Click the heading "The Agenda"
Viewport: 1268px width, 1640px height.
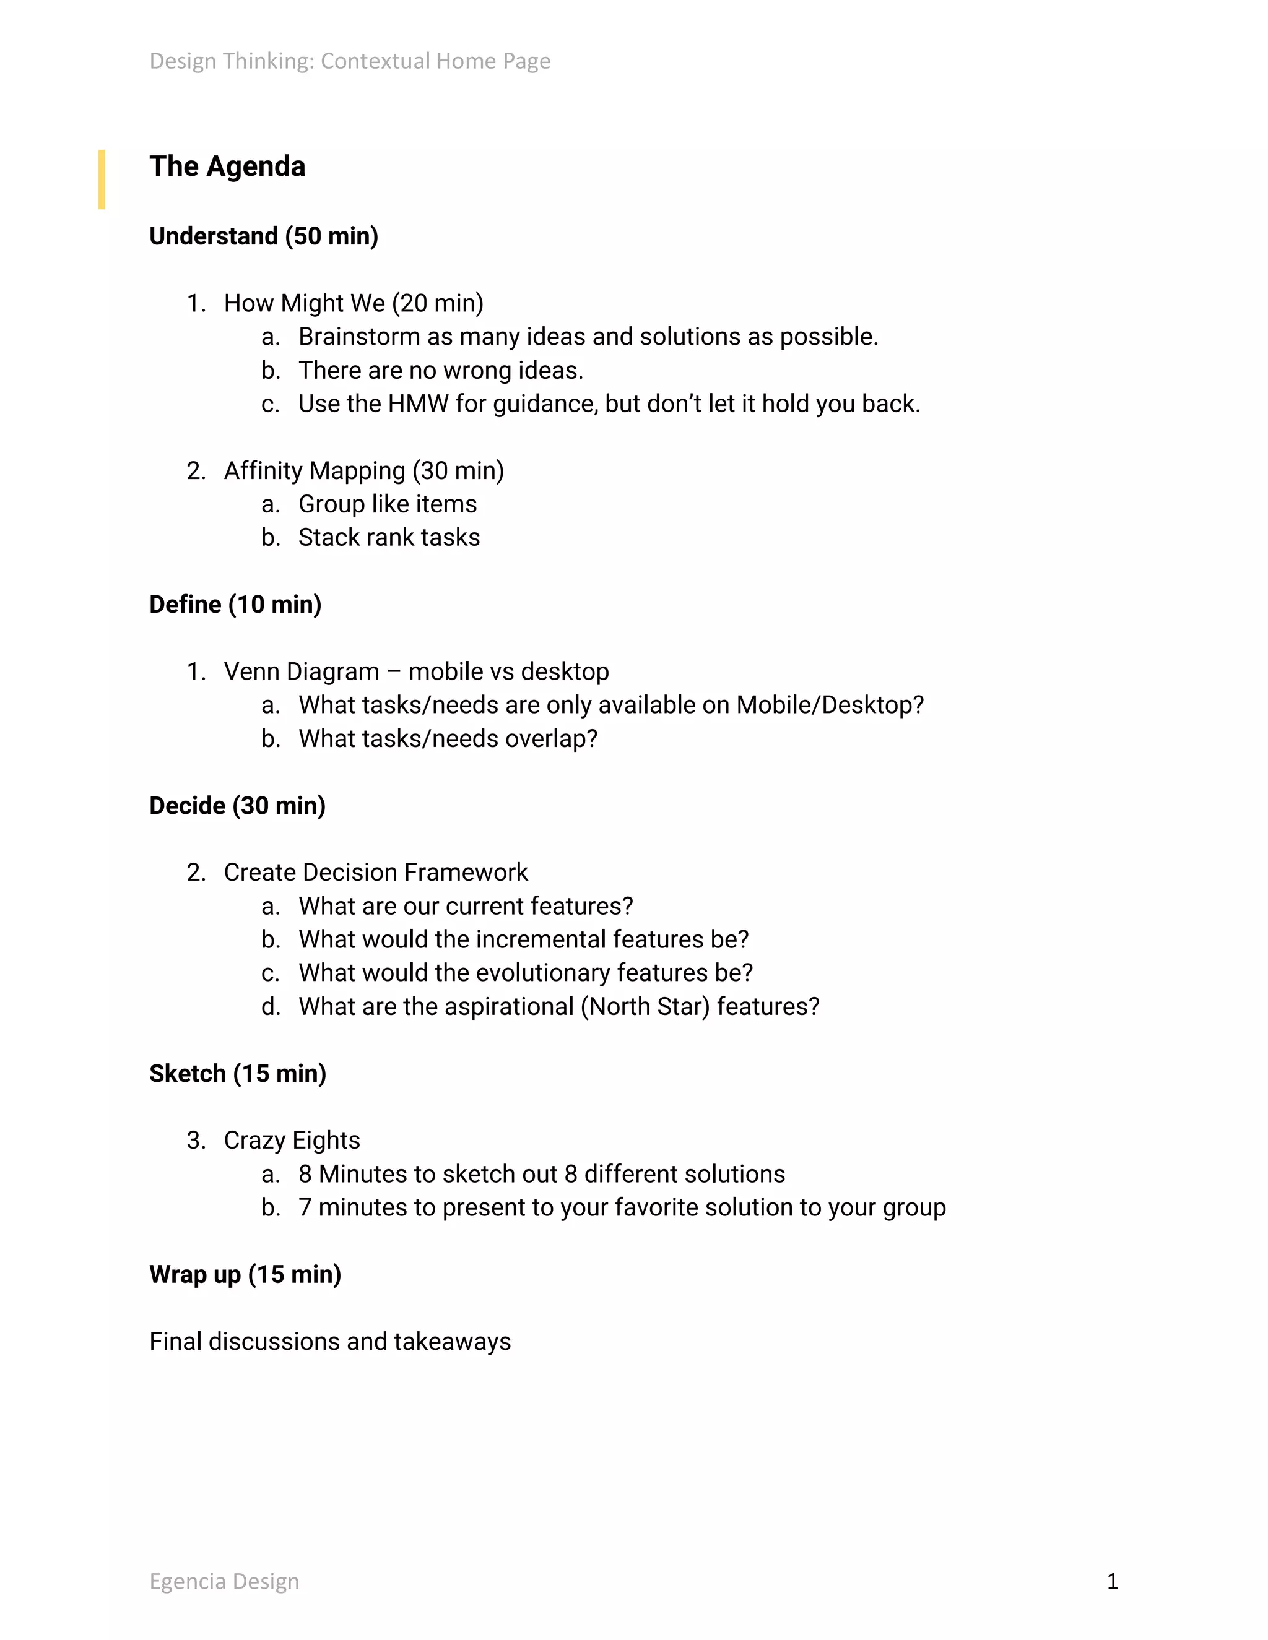[227, 166]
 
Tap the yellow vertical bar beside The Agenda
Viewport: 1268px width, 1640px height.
[102, 179]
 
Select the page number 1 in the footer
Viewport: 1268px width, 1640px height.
[1112, 1581]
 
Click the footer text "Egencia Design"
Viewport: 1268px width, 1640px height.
[224, 1581]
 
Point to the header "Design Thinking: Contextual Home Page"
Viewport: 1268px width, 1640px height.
[349, 61]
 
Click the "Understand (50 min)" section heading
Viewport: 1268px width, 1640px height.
[264, 236]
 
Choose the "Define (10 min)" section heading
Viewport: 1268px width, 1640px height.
[235, 605]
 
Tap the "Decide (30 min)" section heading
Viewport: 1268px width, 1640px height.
[237, 806]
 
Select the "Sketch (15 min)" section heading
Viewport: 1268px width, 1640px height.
[237, 1074]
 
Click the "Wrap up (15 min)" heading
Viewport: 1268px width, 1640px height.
[245, 1274]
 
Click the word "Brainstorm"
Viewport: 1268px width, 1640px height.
[359, 337]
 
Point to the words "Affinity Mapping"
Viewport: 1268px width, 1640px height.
[314, 471]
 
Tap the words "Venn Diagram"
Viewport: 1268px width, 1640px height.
[302, 671]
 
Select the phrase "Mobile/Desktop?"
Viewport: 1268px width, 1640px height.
[829, 705]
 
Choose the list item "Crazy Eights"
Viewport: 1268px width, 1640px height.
[292, 1141]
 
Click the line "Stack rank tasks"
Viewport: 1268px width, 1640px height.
[388, 538]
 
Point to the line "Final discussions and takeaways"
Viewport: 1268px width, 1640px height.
[330, 1342]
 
